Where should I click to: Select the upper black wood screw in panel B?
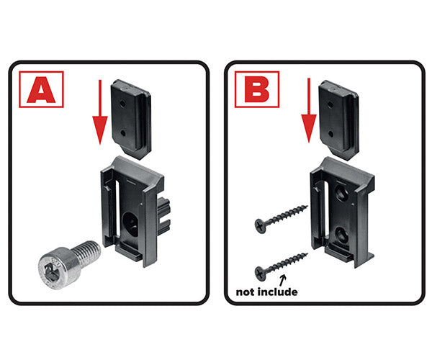tap(280, 215)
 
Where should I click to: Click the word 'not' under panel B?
tap(246, 292)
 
